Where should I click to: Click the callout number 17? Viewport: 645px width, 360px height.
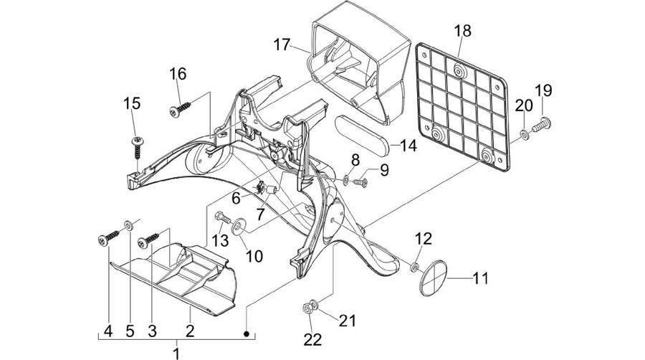[282, 44]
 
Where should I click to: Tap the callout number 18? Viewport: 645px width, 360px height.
[463, 31]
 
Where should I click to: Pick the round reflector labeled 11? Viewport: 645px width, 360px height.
[433, 278]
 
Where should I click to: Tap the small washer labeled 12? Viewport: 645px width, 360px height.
[415, 267]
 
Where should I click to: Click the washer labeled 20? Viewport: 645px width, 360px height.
[525, 134]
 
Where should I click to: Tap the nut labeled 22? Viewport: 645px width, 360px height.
[306, 308]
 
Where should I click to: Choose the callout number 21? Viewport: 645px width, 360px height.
[347, 321]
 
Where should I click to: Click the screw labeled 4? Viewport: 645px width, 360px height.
[108, 238]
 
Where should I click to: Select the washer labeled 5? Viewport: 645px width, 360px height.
[129, 225]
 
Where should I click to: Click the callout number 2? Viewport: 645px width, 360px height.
[190, 331]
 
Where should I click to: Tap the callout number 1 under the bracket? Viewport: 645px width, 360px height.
[176, 353]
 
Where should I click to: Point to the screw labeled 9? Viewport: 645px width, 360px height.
[360, 181]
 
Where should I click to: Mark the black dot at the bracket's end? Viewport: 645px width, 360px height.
[247, 333]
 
